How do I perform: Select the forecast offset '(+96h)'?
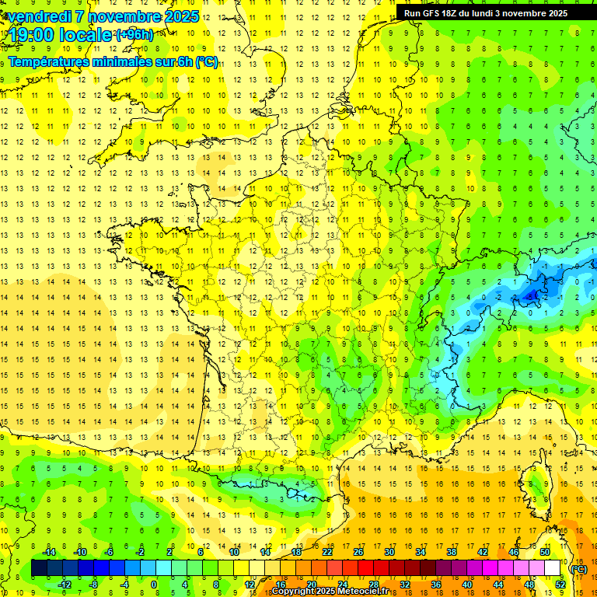click(134, 34)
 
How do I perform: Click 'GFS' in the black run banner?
click(434, 13)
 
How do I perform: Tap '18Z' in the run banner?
click(453, 13)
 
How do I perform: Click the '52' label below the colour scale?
click(560, 584)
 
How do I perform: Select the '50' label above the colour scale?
click(545, 552)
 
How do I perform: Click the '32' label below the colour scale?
click(405, 584)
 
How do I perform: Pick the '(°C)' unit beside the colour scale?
click(578, 568)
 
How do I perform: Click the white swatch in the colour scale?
click(553, 568)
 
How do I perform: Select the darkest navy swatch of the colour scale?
click(39, 568)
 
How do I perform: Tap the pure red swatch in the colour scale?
click(365, 568)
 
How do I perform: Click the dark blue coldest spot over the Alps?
click(532, 295)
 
